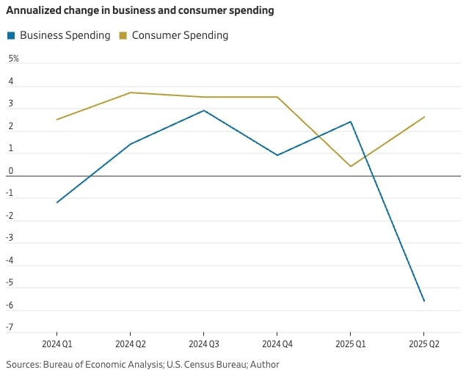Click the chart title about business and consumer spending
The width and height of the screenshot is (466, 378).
140,11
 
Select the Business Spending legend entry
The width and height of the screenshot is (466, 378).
65,35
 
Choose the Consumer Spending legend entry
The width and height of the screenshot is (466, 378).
180,35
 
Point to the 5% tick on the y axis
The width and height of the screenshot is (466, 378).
13,59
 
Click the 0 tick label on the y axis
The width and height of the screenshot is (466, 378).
11,171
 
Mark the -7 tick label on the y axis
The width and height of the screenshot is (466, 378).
10,327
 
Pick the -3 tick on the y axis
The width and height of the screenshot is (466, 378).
10,238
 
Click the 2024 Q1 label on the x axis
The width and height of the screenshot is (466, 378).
57,344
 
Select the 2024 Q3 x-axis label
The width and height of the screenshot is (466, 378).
204,344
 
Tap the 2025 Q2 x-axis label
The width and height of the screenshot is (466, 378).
424,344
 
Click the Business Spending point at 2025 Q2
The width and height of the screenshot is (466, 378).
424,301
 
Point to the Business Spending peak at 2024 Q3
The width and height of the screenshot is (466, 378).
204,111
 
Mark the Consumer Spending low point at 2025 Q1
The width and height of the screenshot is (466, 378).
351,167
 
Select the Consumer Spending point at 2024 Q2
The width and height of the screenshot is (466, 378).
131,92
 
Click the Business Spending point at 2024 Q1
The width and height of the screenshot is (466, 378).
57,203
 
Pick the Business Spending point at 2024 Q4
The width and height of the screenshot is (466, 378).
277,156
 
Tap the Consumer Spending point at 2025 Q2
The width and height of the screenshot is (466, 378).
424,117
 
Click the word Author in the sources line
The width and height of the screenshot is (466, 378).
264,364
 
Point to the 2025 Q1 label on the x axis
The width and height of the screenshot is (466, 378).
351,344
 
